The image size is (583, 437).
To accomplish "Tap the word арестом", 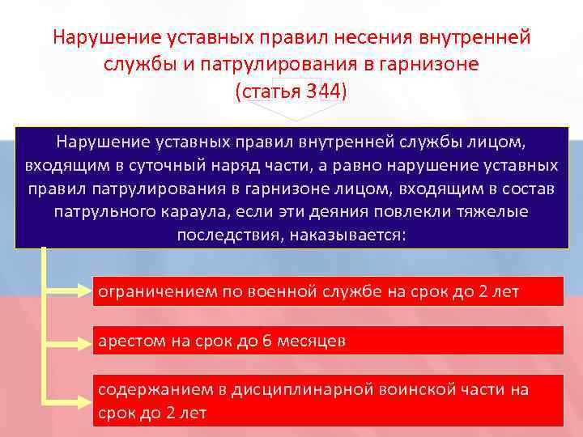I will pyautogui.click(x=130, y=341).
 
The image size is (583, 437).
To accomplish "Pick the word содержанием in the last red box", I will pyautogui.click(x=151, y=389).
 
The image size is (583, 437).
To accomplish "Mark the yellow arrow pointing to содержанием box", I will pyautogui.click(x=68, y=398).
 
